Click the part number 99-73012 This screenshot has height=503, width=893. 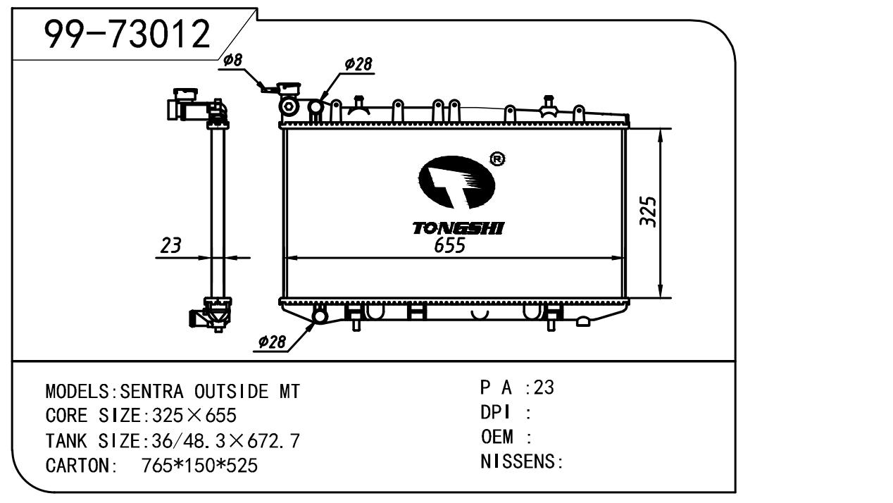127,33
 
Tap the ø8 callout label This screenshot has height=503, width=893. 233,61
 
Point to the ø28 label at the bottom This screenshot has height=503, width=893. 272,342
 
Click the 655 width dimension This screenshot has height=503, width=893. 449,245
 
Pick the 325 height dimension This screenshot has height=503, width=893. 648,211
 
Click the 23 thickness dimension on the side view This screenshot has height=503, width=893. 171,246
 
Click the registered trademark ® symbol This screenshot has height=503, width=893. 497,160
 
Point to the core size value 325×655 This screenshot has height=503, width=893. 189,416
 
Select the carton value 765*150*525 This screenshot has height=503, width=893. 199,466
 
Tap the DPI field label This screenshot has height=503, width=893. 495,413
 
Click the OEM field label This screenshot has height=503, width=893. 497,437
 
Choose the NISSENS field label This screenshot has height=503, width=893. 520,462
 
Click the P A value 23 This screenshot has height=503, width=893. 544,387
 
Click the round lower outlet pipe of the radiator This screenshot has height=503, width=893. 320,316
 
